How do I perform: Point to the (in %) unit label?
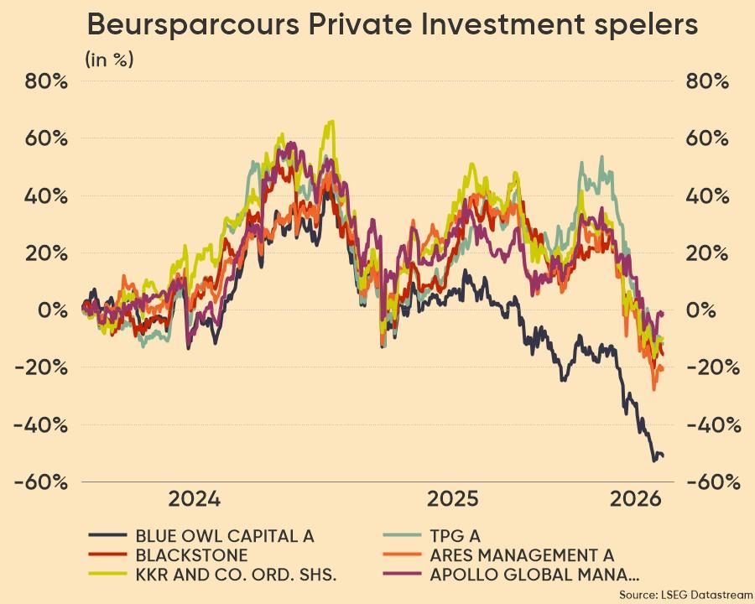(109, 60)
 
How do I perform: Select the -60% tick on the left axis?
(41, 482)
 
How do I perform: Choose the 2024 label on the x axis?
(195, 500)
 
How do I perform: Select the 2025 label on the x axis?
(454, 500)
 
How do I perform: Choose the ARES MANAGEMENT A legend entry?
(521, 555)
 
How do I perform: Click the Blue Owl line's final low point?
(654, 460)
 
